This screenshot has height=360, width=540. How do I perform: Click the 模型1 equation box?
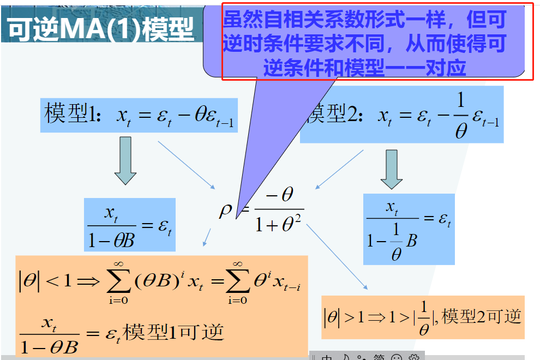click(x=139, y=115)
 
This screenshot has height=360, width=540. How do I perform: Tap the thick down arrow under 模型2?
click(x=391, y=169)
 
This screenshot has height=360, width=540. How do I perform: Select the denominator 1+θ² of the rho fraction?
click(x=279, y=223)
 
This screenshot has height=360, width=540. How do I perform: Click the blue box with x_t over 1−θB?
click(x=130, y=224)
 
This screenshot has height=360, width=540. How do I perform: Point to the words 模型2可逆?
click(x=482, y=316)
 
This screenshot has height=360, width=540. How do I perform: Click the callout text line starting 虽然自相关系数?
click(x=364, y=21)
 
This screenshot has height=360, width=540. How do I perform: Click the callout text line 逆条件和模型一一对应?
click(x=364, y=68)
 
